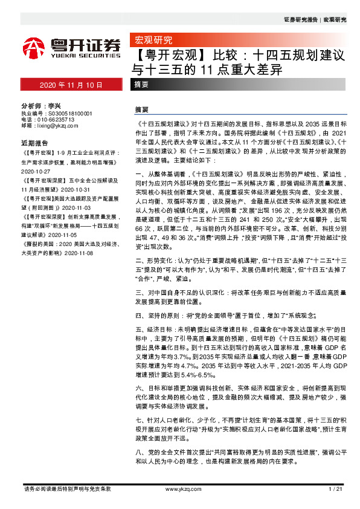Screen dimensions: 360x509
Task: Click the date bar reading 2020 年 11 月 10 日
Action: pyautogui.click(x=71, y=85)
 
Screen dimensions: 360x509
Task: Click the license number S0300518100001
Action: pyautogui.click(x=65, y=113)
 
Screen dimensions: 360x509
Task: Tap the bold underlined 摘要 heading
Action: pyautogui.click(x=142, y=111)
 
